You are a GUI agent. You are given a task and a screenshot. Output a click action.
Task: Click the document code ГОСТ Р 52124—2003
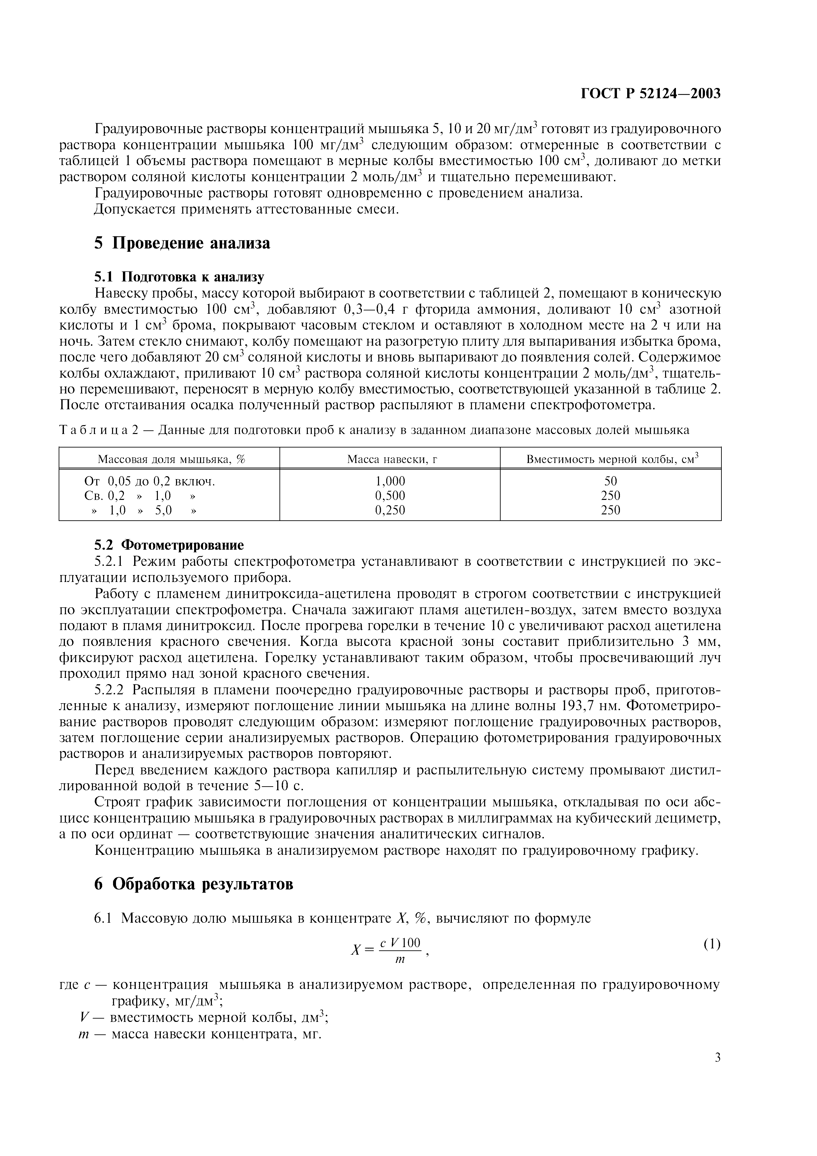coord(651,94)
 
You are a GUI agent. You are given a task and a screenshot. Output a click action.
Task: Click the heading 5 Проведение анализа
coord(182,243)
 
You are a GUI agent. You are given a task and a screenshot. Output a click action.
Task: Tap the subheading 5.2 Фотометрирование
coord(169,545)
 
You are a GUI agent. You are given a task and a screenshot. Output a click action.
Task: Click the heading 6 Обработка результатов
coord(193,883)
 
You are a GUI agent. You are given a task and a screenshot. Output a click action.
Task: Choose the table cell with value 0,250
coord(390,510)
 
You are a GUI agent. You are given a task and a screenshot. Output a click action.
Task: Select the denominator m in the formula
coord(400,959)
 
